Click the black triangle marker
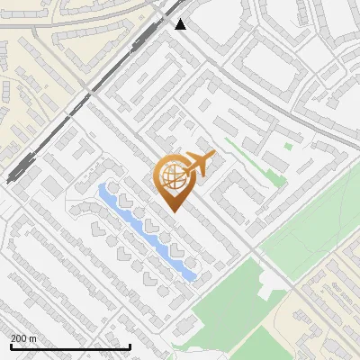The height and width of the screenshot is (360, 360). click(181, 24)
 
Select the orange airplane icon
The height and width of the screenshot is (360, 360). click(197, 164)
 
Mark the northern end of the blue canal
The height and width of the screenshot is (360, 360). click(103, 189)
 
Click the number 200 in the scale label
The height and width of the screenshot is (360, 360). click(20, 338)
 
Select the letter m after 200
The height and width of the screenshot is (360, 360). click(33, 338)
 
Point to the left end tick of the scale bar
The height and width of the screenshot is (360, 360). click(10, 346)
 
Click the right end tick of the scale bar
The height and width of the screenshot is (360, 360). click(130, 346)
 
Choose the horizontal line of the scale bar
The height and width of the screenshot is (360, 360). click(70, 347)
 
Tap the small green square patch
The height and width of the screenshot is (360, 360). click(288, 146)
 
